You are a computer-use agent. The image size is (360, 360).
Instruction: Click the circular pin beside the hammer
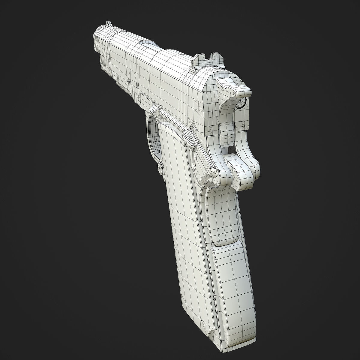[241, 103]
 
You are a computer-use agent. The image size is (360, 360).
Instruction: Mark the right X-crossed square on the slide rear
[244, 127]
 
